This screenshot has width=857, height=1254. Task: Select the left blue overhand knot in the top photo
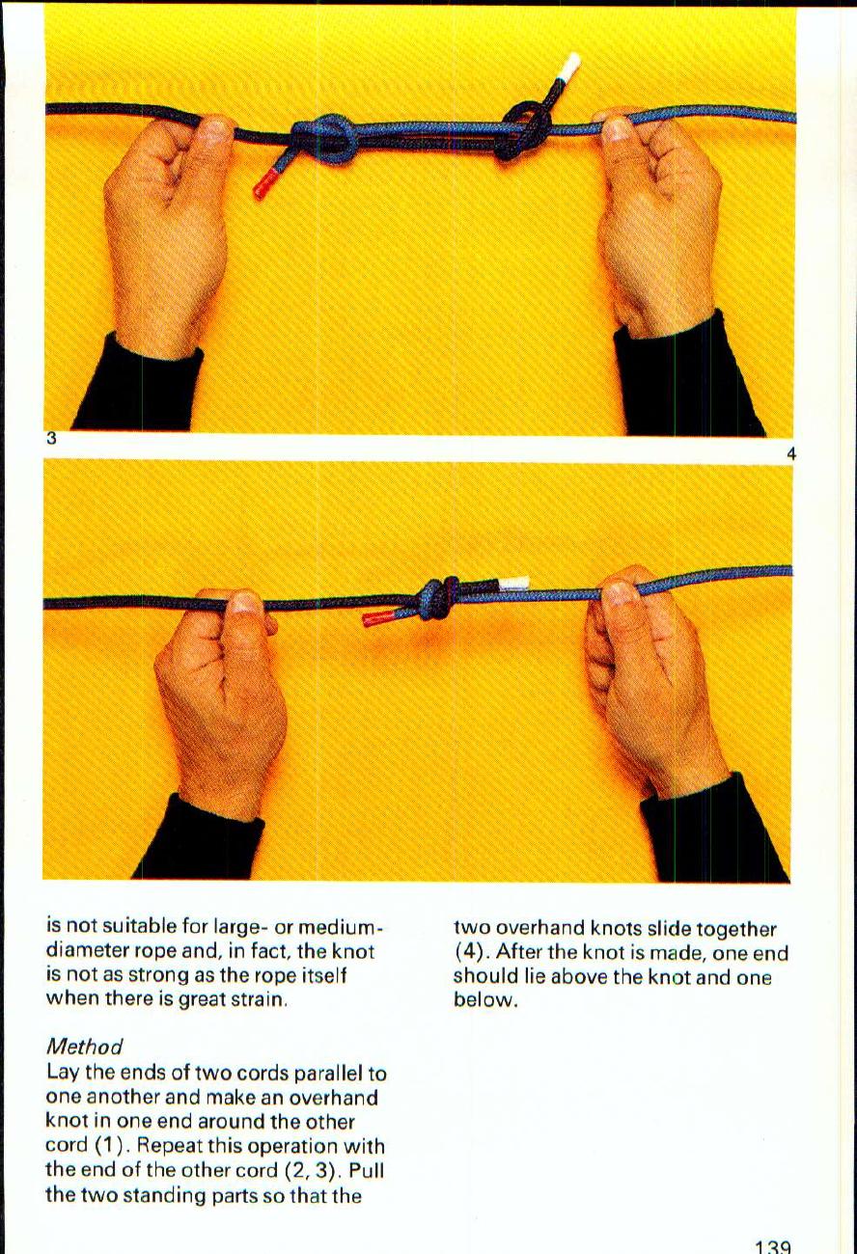coord(326,138)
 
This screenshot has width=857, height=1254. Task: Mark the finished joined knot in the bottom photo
coord(439,600)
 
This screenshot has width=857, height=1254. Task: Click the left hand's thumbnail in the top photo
coord(217,129)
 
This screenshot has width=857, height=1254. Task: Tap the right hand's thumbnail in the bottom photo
coord(618,593)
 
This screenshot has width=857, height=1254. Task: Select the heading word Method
coord(85,1047)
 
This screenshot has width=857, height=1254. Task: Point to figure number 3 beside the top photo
coord(51,438)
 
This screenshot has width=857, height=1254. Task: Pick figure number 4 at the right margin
coord(790,453)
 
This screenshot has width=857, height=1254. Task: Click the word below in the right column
coord(486,1000)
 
